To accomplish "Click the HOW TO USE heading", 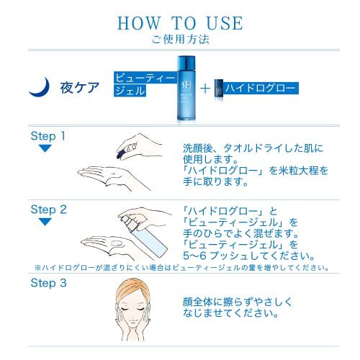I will tap(180, 21).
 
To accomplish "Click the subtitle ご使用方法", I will tap(180, 39).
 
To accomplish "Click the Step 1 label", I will tap(48, 135).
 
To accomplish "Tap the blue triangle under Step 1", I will tap(45, 148).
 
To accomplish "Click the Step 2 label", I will tap(48, 210).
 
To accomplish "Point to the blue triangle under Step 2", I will tap(45, 222).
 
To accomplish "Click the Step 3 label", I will tap(48, 282).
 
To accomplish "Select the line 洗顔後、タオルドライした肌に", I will tap(253, 148).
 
